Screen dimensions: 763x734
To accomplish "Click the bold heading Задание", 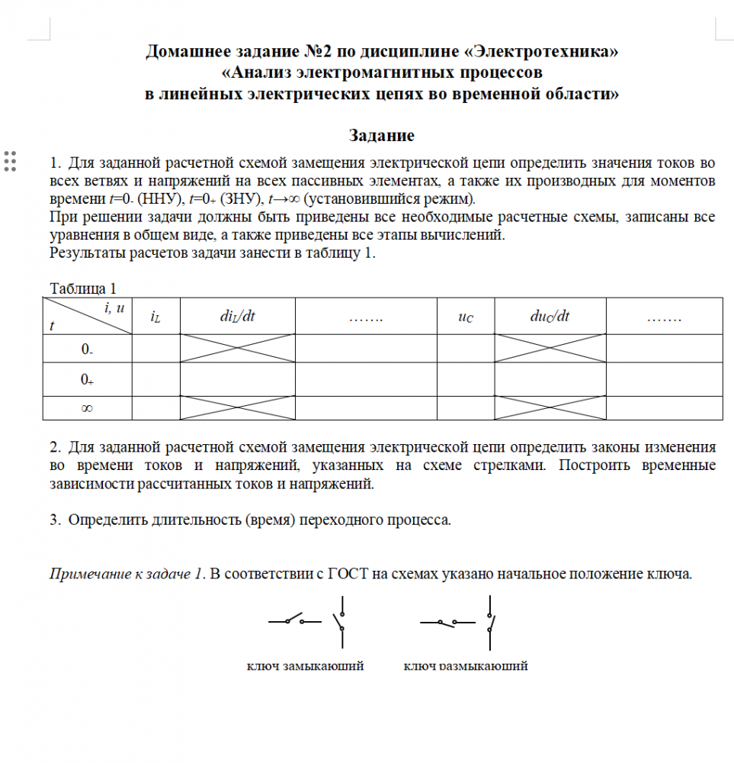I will click(x=381, y=136).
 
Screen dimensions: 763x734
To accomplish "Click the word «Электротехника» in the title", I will click(x=544, y=53).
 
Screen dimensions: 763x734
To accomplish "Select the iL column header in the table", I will click(x=155, y=317).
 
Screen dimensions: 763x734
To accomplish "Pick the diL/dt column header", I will click(x=237, y=317).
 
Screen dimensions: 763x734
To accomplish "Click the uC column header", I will click(x=465, y=317).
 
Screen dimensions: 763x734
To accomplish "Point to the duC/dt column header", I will click(x=550, y=317).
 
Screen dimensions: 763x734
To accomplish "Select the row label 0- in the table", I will click(x=87, y=349).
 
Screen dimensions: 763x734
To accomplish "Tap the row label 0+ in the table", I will click(x=87, y=380).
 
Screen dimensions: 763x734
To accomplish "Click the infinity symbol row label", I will click(x=87, y=409).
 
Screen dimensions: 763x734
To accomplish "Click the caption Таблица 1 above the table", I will click(x=82, y=288).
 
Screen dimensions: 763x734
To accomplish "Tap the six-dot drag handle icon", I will click(x=11, y=161).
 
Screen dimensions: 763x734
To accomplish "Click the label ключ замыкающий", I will click(x=306, y=665).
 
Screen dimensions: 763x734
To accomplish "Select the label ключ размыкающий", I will click(x=465, y=665).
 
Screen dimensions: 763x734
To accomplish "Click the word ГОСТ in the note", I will click(x=348, y=574).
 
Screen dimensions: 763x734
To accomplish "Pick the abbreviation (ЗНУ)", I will click(x=238, y=200).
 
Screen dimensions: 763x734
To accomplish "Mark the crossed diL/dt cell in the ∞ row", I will click(x=237, y=408).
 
